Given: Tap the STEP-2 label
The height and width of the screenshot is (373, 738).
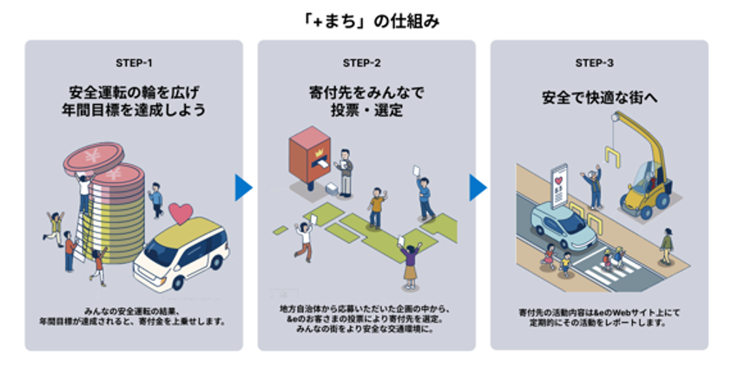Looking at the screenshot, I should [x=366, y=63].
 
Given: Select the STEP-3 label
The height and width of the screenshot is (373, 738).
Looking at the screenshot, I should [x=598, y=63].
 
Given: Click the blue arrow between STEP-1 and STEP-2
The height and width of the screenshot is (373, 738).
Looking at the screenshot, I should [x=244, y=186].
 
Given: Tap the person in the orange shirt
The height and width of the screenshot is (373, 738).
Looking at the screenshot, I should [x=376, y=208].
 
